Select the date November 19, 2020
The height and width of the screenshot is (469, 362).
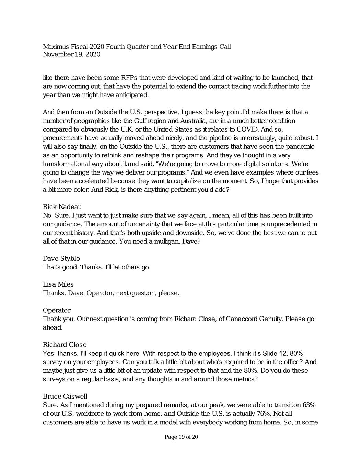point(71,54)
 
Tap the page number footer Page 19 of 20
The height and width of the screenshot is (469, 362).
point(181,437)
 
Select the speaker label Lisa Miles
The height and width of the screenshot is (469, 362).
point(58,284)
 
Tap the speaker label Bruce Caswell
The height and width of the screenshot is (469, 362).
point(65,396)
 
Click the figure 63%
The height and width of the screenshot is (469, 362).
point(309,405)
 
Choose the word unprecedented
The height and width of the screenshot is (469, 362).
point(288,224)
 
